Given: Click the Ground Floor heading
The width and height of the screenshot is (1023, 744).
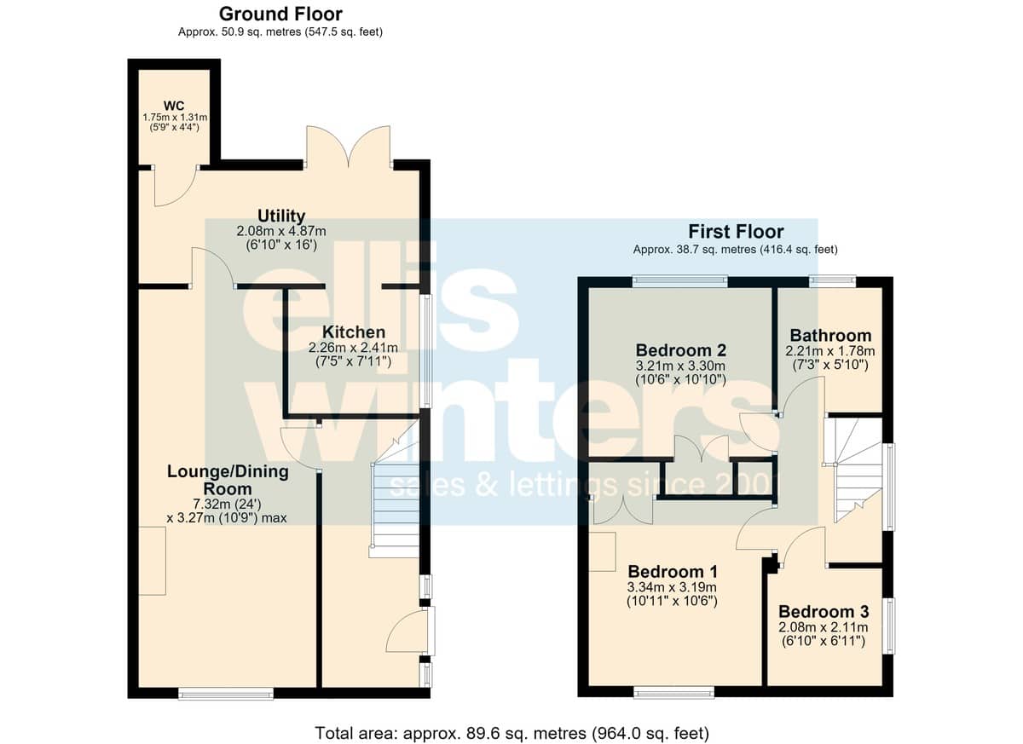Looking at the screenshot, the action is click(x=280, y=14).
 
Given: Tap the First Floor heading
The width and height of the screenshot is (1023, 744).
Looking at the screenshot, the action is click(x=736, y=232).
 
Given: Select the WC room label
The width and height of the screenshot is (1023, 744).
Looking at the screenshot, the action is click(x=174, y=106).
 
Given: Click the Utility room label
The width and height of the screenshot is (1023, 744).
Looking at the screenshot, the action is click(x=281, y=216).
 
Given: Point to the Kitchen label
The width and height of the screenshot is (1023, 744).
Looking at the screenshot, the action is click(x=354, y=332).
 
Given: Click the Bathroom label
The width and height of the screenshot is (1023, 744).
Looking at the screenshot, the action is click(x=830, y=336).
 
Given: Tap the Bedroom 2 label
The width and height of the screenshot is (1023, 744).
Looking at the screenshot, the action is click(x=680, y=350).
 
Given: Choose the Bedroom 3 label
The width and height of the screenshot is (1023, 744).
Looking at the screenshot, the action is click(x=824, y=612).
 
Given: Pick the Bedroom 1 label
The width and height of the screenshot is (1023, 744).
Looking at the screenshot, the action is click(x=673, y=572).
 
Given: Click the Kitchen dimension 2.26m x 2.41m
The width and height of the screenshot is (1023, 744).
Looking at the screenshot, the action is click(x=353, y=348).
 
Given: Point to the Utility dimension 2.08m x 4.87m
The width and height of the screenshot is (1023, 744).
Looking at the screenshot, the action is click(x=281, y=232).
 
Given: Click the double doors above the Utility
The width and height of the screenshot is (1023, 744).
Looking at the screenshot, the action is click(x=349, y=146).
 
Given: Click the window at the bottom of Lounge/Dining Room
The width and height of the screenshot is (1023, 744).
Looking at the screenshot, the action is click(x=226, y=694).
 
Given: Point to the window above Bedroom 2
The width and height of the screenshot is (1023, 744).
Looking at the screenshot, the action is click(x=679, y=281).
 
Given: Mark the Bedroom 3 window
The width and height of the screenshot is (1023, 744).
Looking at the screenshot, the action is click(x=888, y=626).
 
